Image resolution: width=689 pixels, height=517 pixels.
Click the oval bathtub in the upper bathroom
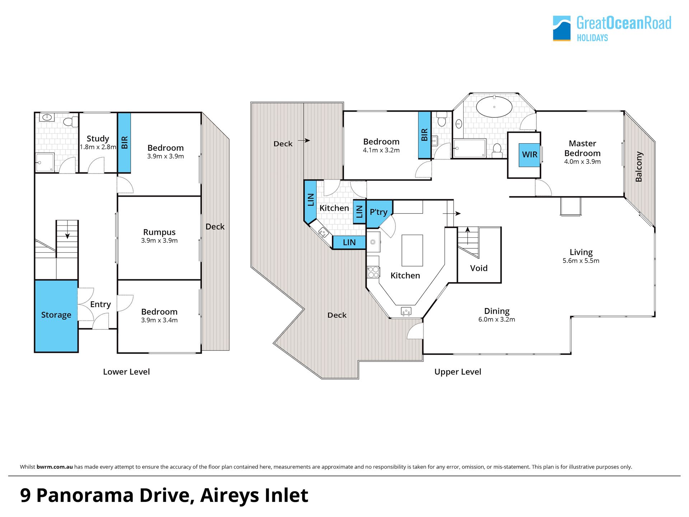point(494,107)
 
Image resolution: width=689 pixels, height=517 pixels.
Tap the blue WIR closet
point(529,155)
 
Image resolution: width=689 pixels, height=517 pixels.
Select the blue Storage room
point(56,316)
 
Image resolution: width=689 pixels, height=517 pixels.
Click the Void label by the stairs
point(479,268)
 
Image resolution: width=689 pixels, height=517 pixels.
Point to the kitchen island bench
point(412,250)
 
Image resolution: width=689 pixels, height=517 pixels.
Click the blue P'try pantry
point(379,214)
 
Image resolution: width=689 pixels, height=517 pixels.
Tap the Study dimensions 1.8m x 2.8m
point(98,147)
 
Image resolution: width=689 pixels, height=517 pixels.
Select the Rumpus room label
point(159,232)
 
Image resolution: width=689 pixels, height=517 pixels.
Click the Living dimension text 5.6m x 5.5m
point(581,261)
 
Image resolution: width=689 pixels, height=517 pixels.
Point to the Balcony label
point(639,167)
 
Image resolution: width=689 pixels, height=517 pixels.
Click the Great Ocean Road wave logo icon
point(562,28)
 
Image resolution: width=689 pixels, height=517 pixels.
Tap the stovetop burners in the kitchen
point(373,272)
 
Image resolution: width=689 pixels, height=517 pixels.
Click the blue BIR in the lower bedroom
point(124,143)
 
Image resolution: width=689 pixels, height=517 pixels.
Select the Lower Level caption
point(126,372)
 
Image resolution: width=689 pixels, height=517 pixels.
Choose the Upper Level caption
point(458,372)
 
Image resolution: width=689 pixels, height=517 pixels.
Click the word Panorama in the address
point(85,495)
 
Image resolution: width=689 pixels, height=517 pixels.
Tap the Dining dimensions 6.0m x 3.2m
point(497,320)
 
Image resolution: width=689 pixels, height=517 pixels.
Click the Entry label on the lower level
point(100,304)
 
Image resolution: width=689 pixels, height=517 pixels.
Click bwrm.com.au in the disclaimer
point(55,467)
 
